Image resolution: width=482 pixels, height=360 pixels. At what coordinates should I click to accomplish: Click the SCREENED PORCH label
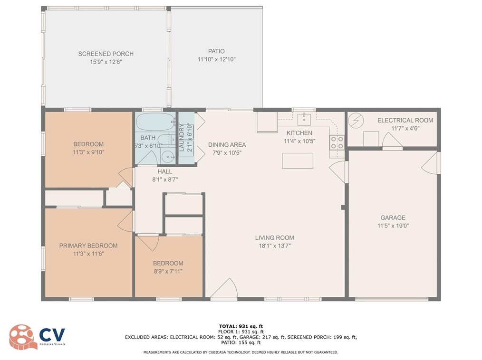(106, 54)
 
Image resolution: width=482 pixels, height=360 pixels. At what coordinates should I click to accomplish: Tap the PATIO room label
(216, 51)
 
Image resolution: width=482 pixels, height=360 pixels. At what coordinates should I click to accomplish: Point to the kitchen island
(298, 161)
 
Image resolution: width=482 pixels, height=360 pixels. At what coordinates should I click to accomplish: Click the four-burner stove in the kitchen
(337, 142)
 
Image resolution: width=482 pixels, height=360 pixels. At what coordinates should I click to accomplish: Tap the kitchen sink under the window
(303, 118)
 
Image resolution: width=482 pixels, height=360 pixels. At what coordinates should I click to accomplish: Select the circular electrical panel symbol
(355, 121)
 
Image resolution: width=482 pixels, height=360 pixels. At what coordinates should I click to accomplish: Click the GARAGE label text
(392, 218)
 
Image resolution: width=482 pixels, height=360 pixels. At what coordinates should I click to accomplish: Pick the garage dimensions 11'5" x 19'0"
(392, 226)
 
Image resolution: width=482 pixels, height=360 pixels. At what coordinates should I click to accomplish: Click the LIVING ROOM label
(274, 237)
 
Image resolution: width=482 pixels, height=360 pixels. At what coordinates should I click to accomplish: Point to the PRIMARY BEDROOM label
(88, 246)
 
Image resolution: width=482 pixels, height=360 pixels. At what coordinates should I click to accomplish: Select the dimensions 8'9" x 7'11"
(168, 271)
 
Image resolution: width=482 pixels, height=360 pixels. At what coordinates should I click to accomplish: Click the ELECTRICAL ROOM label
(405, 120)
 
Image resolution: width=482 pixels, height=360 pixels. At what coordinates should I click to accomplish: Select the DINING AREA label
(227, 145)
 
